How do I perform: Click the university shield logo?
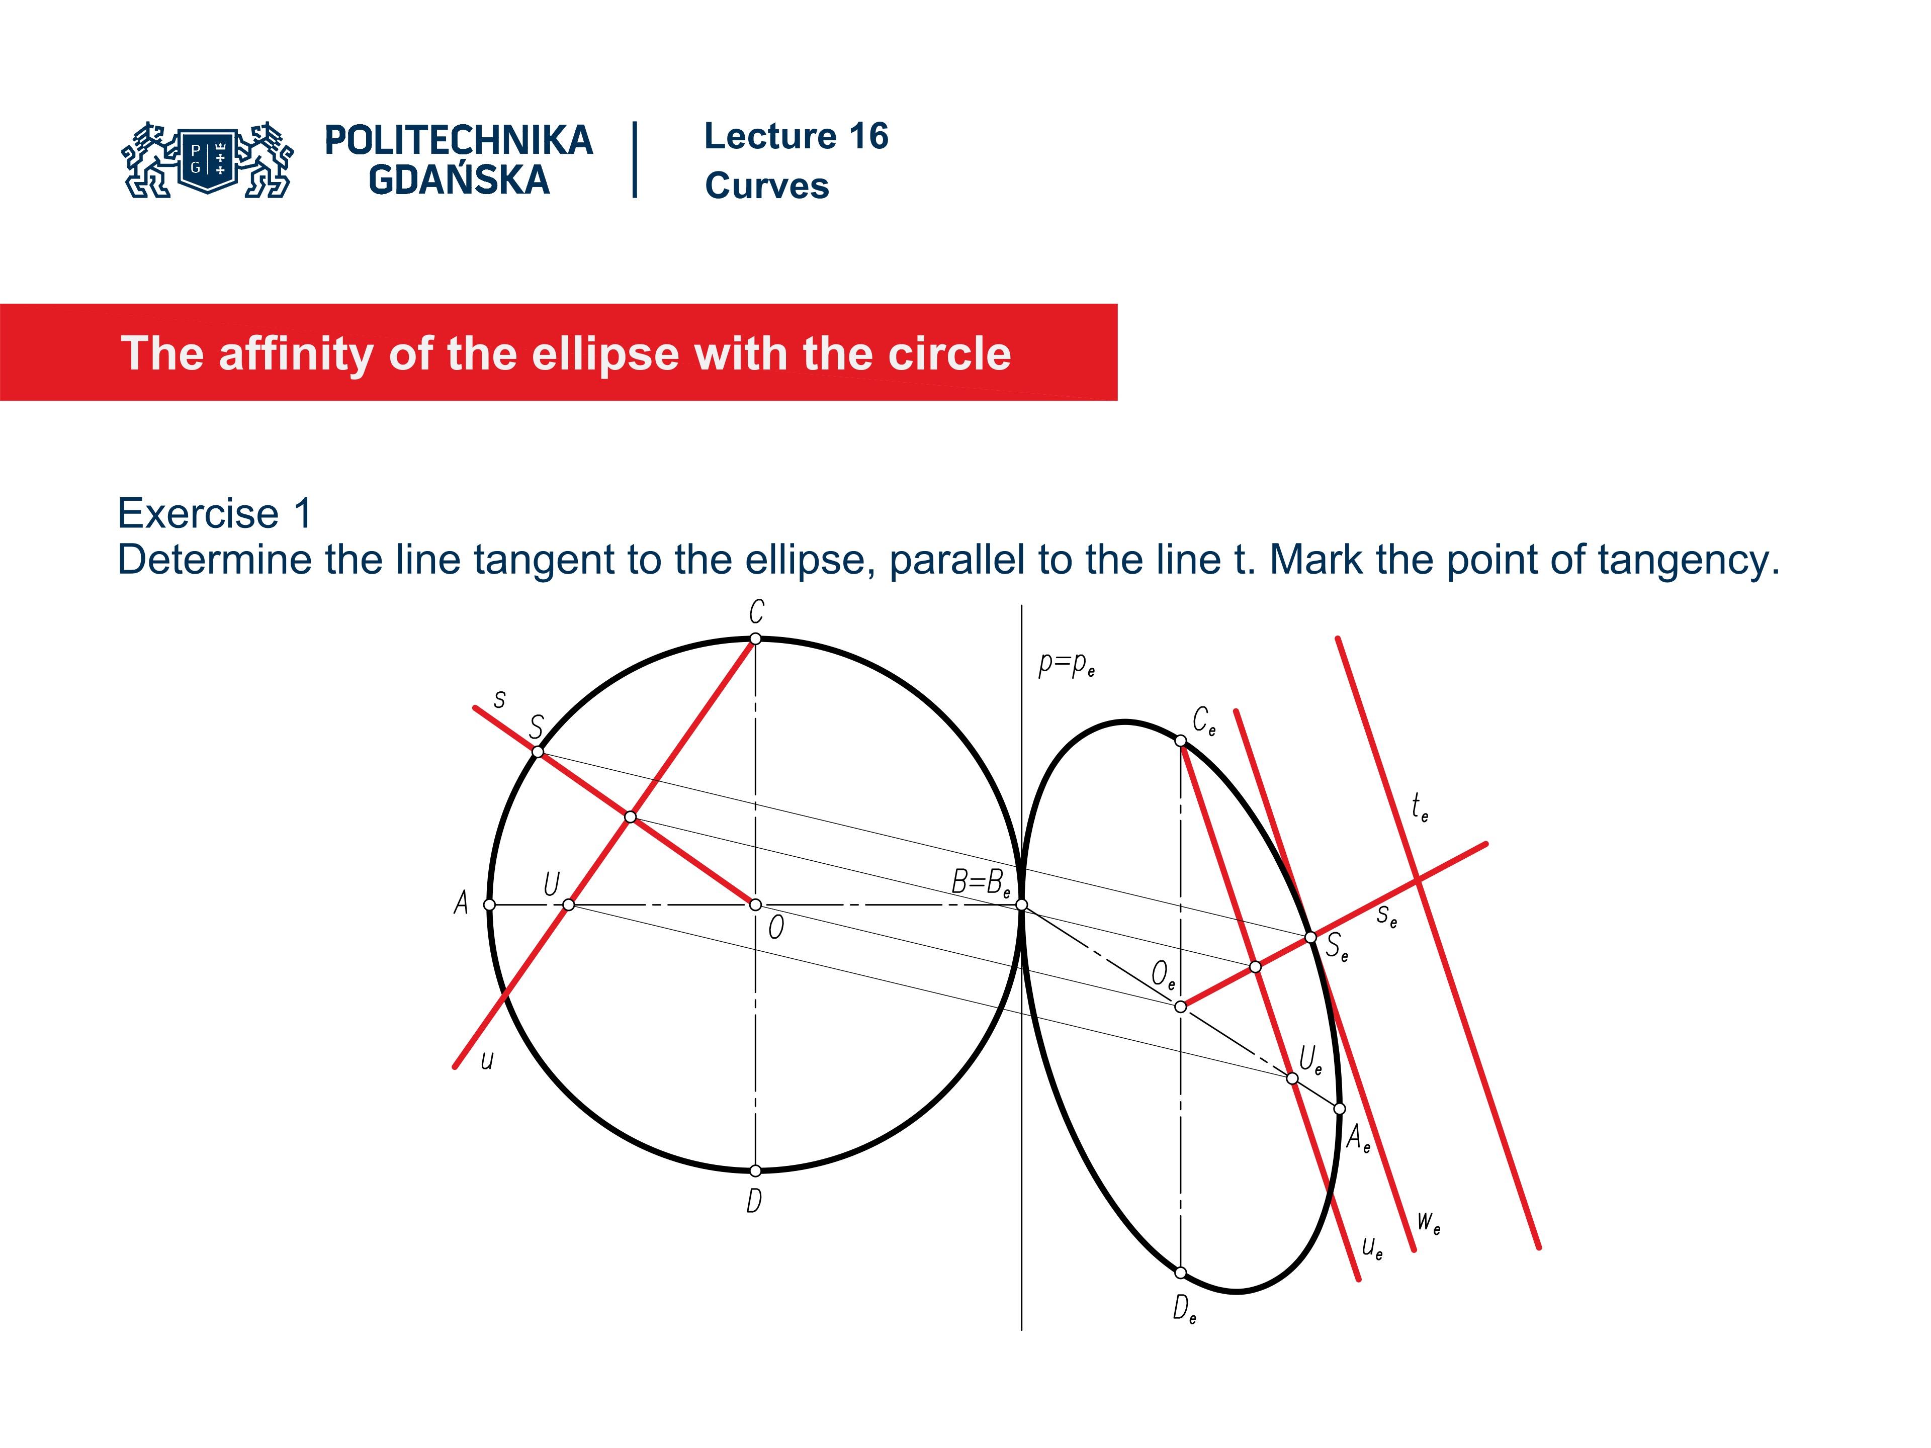point(208,159)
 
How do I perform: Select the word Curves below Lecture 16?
point(766,186)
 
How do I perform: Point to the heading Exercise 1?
point(215,513)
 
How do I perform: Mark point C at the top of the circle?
point(755,639)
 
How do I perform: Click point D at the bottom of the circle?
point(755,1170)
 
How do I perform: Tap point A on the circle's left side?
point(490,905)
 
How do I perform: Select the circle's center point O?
point(755,905)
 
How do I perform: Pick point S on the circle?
point(538,752)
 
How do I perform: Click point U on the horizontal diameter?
point(568,905)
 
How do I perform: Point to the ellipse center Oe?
point(1180,1007)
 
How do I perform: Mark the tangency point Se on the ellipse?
point(1310,937)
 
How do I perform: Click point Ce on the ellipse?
point(1180,741)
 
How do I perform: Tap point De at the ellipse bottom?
point(1180,1273)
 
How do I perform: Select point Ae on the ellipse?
point(1339,1109)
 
